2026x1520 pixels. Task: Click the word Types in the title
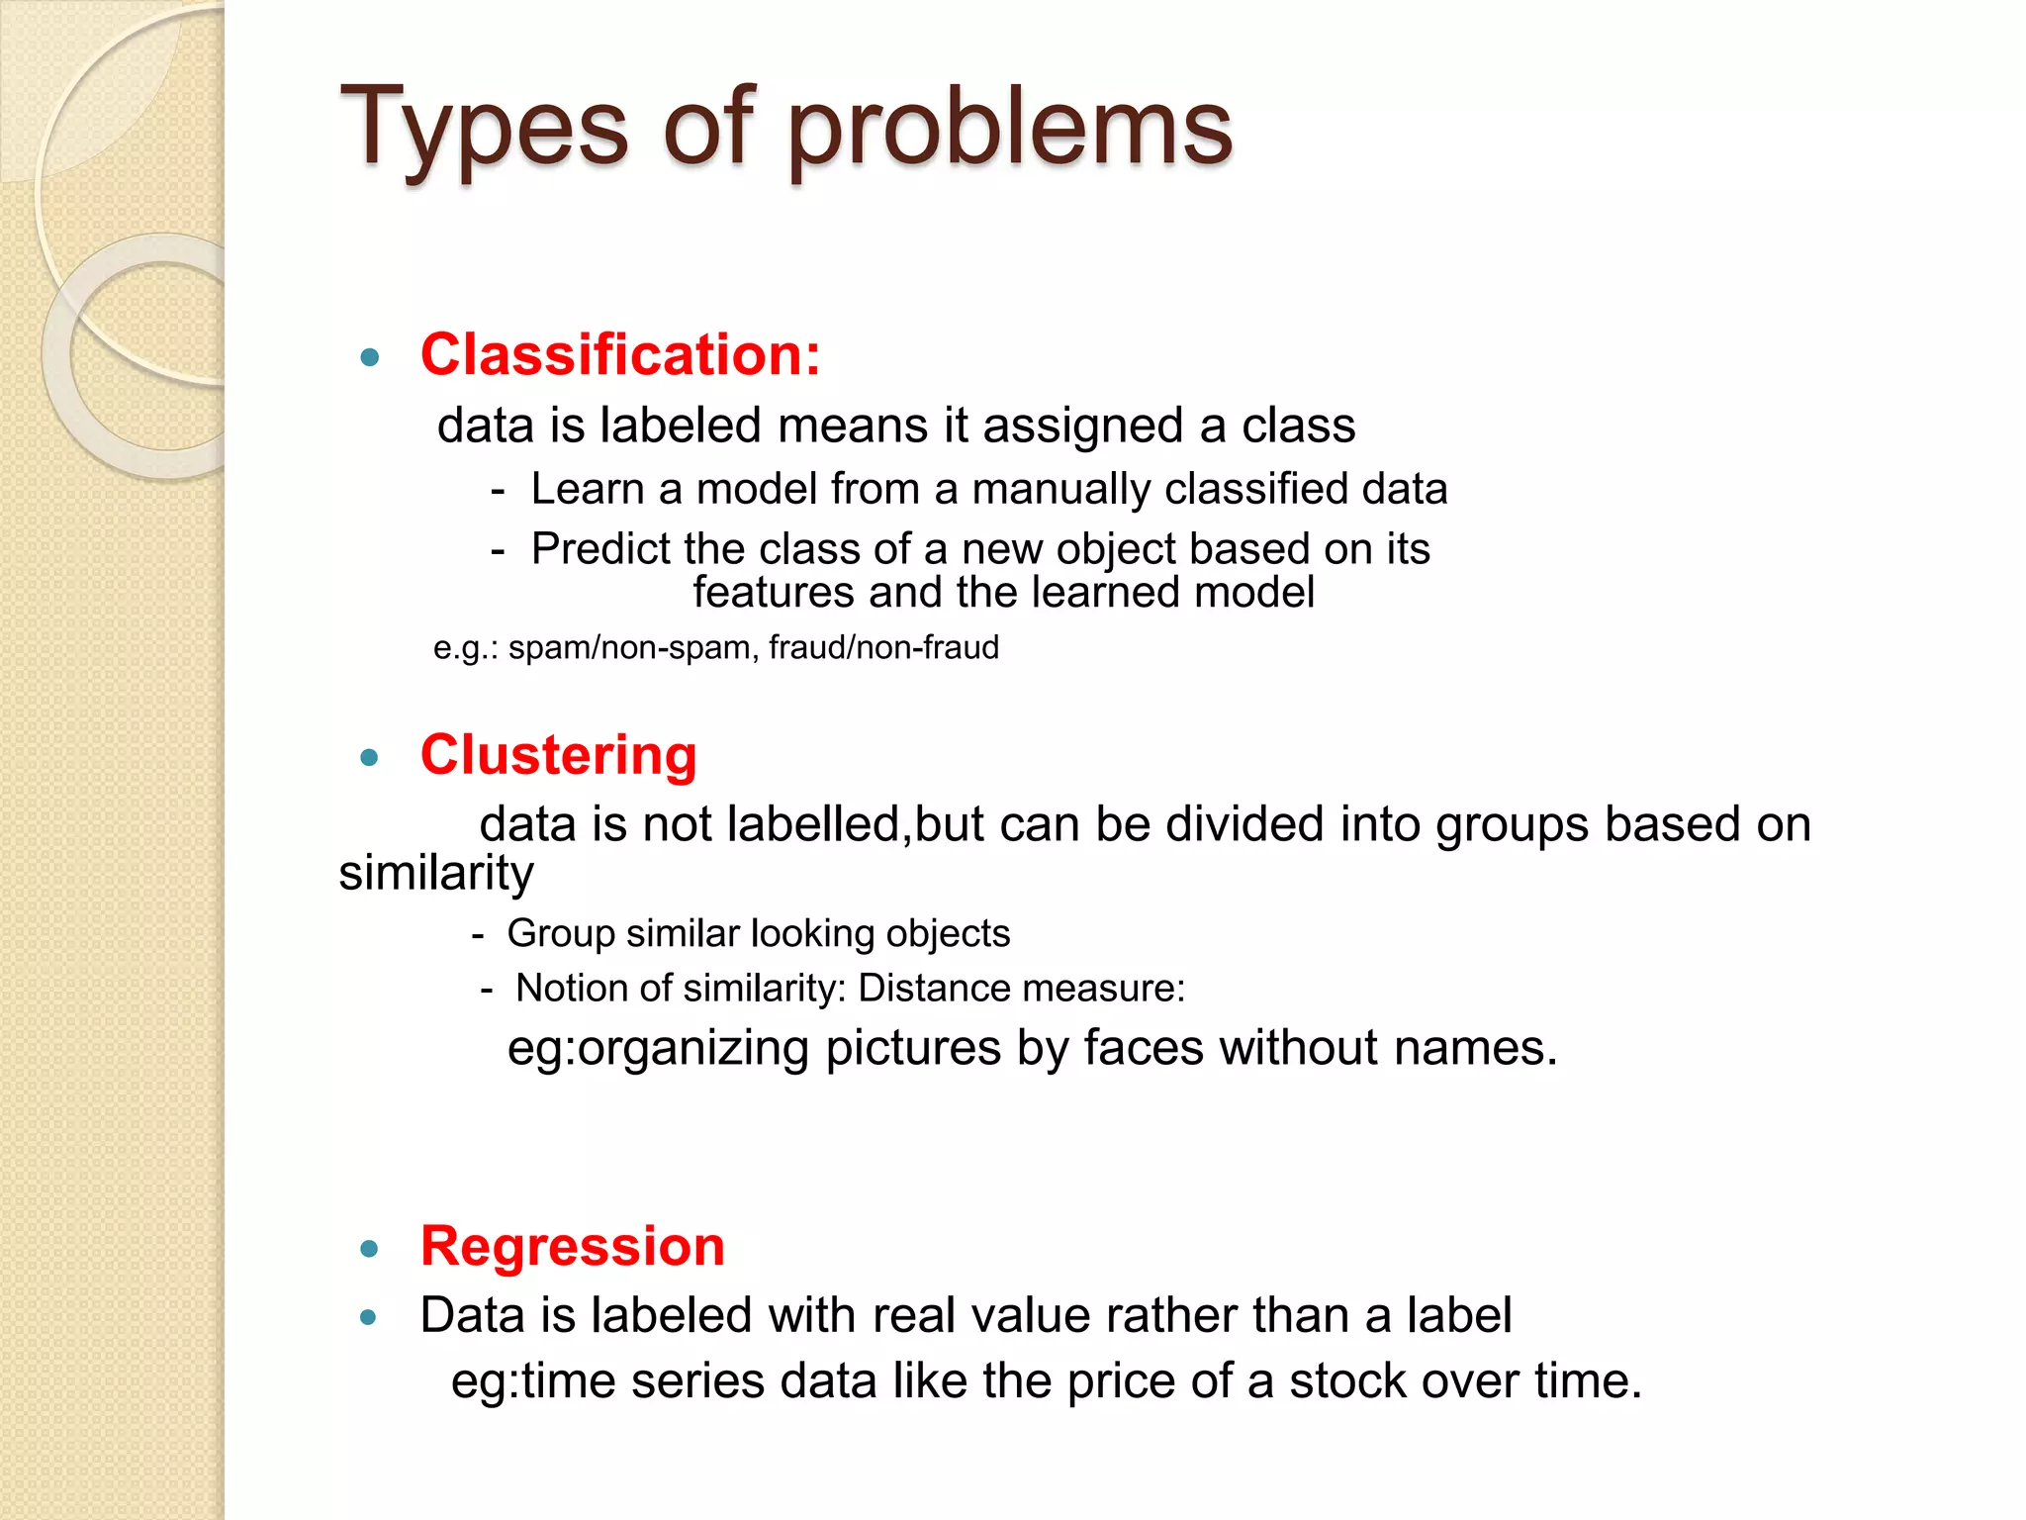tap(485, 129)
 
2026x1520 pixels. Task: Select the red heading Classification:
tap(620, 354)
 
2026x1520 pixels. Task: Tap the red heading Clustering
tap(559, 755)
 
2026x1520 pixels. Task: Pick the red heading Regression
tap(573, 1246)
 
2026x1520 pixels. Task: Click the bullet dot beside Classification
tap(370, 357)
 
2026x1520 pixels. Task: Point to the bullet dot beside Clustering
tap(370, 758)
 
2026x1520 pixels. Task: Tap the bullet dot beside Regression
tap(370, 1249)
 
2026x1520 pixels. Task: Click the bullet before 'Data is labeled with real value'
tap(370, 1317)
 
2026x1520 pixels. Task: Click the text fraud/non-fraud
tap(883, 648)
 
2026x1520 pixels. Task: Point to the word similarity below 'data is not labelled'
tap(436, 874)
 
